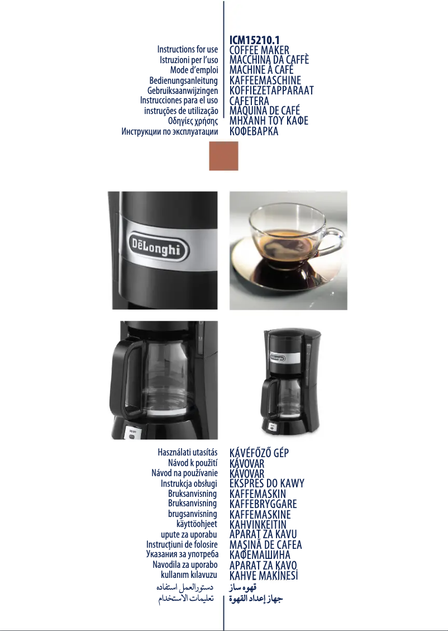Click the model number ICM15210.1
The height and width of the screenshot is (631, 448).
tap(254, 40)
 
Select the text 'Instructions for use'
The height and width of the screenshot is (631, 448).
tap(187, 50)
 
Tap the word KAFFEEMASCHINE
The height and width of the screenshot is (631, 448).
tap(265, 80)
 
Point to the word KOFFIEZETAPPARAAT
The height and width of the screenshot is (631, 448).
tap(271, 91)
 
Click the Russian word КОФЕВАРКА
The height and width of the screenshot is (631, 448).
tap(254, 131)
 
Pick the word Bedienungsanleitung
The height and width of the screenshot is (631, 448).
tap(183, 80)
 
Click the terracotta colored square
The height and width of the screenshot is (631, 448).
tap(223, 155)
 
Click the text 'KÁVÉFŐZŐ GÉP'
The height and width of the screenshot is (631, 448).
tap(259, 453)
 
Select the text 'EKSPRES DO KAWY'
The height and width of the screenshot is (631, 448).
tap(267, 484)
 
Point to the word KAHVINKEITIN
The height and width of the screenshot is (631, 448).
tap(258, 525)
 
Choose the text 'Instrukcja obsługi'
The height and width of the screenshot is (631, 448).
tap(189, 484)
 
